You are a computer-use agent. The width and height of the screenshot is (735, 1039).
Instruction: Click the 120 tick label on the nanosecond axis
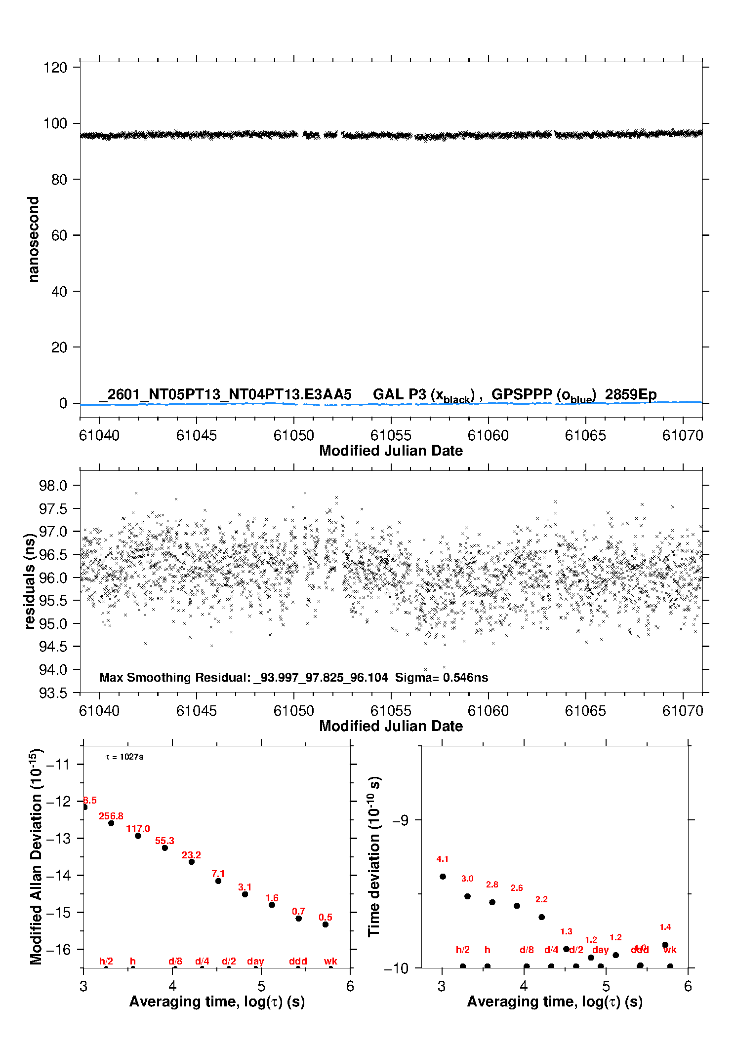55,68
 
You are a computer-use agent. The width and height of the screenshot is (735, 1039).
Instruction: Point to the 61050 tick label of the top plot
293,435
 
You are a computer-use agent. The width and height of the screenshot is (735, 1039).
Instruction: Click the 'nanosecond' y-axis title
33,239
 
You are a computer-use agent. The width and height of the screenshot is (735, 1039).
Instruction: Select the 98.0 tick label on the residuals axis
53,486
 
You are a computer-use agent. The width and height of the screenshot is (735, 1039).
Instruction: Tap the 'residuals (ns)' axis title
30,581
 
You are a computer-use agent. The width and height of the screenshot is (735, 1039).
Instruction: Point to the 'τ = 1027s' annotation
124,757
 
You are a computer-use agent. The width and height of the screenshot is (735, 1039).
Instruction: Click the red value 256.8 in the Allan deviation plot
111,816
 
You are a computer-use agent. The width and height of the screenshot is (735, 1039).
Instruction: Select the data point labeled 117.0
138,836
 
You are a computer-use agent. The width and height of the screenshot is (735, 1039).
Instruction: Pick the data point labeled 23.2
192,862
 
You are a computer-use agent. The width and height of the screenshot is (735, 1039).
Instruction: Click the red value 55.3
164,841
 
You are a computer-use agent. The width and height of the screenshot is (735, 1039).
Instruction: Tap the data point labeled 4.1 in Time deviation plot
443,877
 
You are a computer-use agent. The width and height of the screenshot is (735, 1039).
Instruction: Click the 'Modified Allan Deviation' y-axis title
36,856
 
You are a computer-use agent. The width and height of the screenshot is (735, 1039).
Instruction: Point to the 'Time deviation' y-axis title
374,856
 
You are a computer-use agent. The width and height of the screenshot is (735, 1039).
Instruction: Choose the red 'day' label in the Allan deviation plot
255,961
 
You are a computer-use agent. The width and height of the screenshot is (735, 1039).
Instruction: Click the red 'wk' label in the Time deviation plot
670,950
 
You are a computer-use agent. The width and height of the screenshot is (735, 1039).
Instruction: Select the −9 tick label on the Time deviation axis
400,820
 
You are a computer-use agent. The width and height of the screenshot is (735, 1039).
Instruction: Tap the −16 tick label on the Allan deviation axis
58,949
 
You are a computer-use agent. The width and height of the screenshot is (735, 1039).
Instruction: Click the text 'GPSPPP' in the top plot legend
522,394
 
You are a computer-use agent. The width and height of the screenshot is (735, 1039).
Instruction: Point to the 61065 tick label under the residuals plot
585,711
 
